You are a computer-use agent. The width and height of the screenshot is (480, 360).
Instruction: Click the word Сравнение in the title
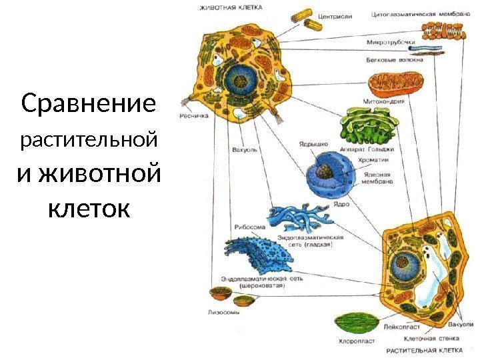pos(89,104)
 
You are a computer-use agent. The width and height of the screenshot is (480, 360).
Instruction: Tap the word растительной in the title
pos(89,141)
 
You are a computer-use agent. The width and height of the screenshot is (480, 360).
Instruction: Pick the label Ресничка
pos(193,115)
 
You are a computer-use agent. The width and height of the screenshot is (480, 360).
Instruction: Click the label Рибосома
pos(250,226)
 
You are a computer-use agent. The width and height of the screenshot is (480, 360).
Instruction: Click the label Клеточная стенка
pos(409,338)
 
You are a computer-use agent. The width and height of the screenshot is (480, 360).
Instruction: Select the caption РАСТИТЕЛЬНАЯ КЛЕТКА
pos(427,349)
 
